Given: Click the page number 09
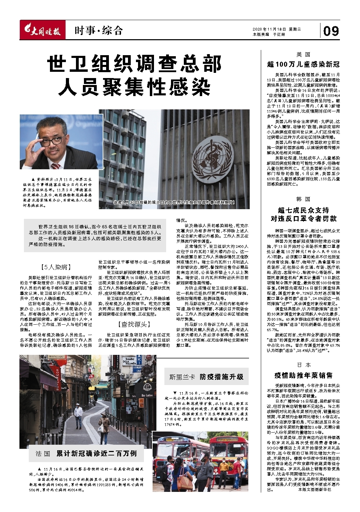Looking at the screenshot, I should click(x=331, y=31).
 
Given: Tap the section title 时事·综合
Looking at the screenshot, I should click(x=98, y=31).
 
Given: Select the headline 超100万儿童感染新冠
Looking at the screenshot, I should click(x=303, y=64).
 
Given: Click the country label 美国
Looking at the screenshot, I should click(x=303, y=54).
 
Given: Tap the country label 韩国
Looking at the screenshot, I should click(x=303, y=199).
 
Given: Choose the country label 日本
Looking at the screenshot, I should click(x=303, y=365).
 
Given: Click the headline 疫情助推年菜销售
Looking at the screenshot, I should click(x=303, y=375).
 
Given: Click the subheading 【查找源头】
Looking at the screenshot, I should click(x=134, y=324).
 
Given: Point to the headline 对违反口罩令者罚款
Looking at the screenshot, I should click(x=303, y=219).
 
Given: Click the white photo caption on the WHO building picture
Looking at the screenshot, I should click(x=174, y=202).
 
